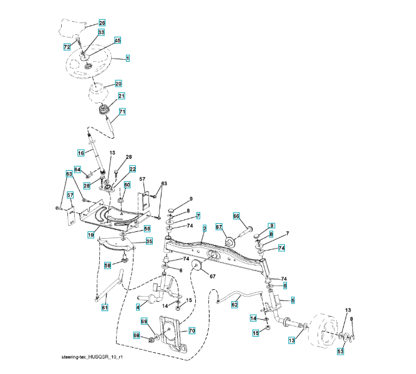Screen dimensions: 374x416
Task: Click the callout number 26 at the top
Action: pos(102,23)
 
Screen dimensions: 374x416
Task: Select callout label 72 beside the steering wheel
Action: pos(67,47)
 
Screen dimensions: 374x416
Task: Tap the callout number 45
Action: pos(117,41)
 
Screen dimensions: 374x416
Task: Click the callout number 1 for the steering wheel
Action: pos(127,58)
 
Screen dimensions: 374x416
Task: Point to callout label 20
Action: pos(119,84)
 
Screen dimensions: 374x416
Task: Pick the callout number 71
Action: pos(122,112)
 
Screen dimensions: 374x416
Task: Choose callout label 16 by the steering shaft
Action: pos(80,153)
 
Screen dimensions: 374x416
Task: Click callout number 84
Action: pos(78,170)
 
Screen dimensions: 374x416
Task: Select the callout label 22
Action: pos(132,169)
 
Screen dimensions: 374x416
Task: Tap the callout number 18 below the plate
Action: pos(90,235)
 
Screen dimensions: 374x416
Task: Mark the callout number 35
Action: pos(149,241)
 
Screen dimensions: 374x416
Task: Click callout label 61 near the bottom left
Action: pos(105,307)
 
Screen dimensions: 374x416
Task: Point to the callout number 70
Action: pos(191,330)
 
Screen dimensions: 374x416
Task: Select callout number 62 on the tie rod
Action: pos(235,305)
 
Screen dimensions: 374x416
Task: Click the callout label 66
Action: pos(236,216)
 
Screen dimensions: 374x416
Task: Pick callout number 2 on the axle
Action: pos(204,229)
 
